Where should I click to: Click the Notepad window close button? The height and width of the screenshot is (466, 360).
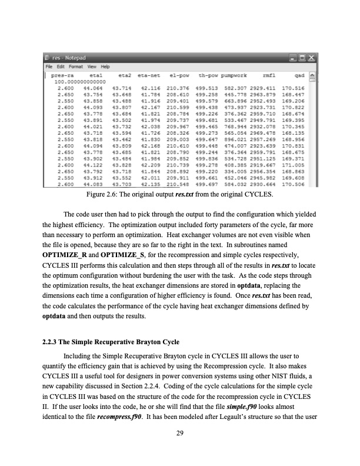coord(312,58)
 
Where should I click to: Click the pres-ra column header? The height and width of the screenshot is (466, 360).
coord(63,75)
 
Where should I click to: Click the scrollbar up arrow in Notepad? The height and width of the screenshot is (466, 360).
coord(313,75)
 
